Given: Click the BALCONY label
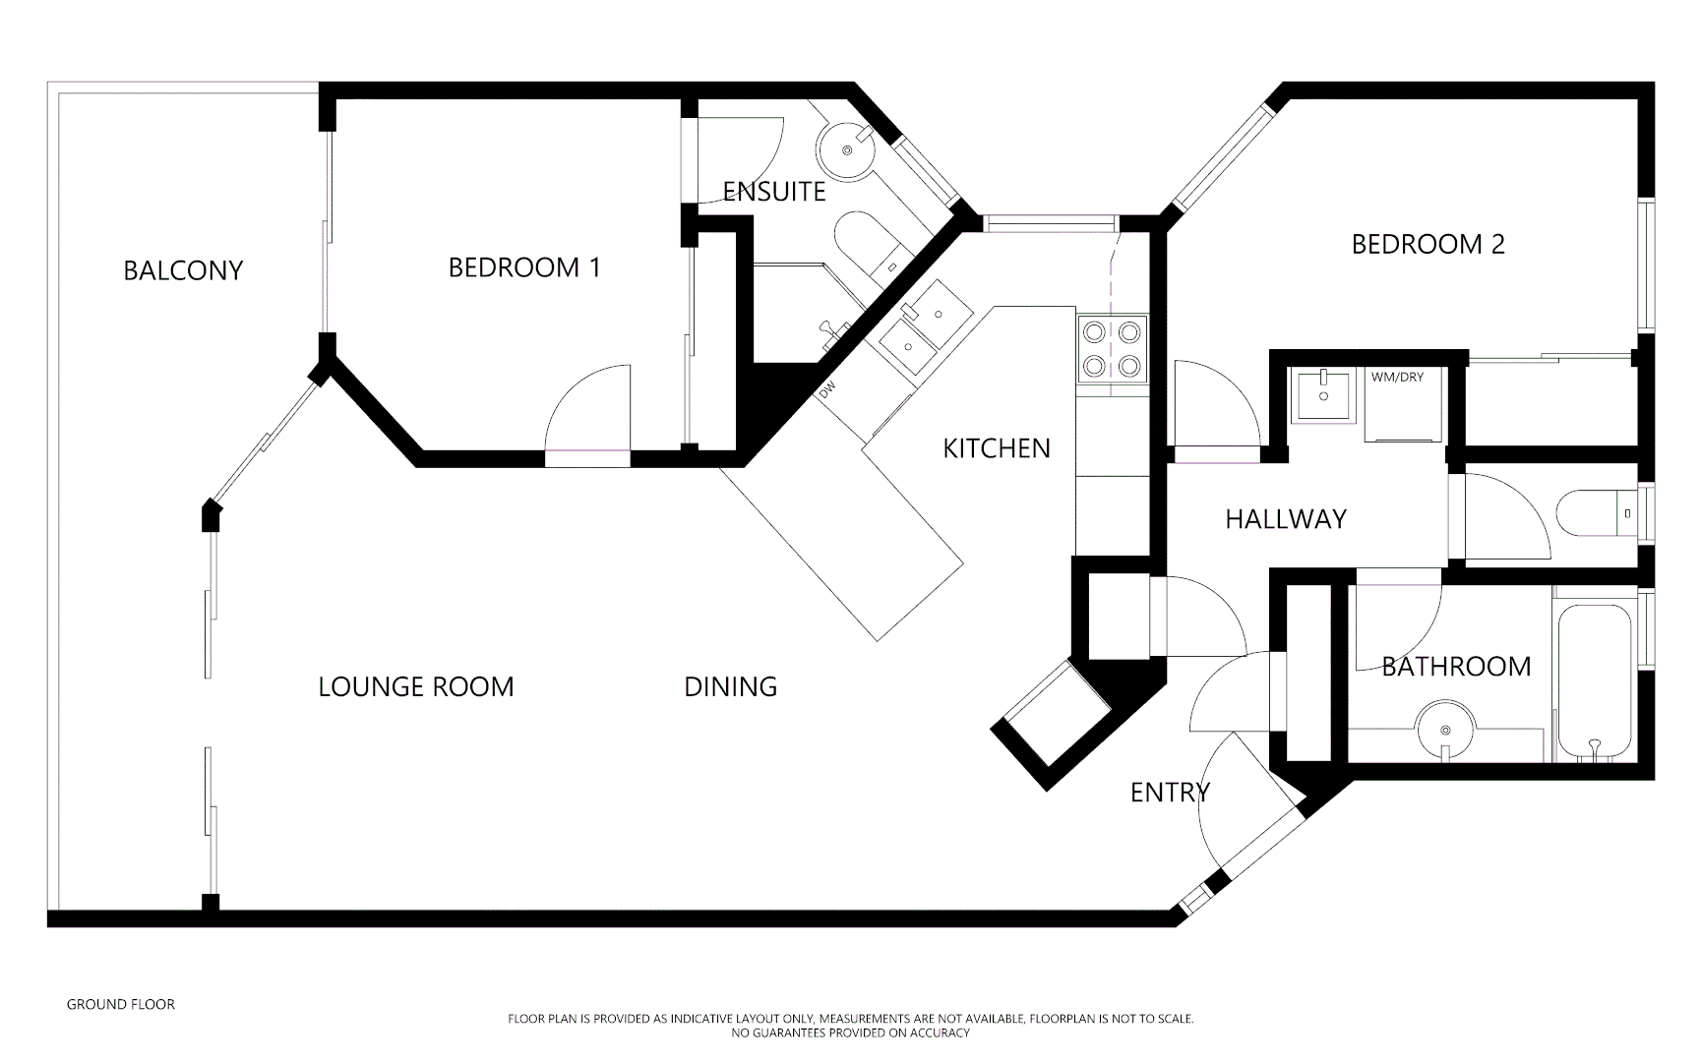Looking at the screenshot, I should tap(183, 270).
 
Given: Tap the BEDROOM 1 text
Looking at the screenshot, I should tap(524, 267).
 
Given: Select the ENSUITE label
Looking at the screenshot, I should tap(774, 192).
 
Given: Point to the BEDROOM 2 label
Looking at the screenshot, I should tap(1428, 244).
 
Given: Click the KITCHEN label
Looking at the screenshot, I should tap(997, 448).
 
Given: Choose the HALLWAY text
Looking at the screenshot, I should tap(1285, 519).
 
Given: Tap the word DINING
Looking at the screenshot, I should tap(730, 686).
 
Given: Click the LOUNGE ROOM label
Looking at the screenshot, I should tap(416, 686).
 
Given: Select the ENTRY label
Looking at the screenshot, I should tap(1170, 793).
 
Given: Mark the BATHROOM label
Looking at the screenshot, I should tap(1456, 667).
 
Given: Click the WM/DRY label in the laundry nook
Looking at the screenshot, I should tap(1397, 377).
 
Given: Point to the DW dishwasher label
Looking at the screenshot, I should tap(826, 390).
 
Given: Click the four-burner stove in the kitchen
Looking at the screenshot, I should tap(1114, 349).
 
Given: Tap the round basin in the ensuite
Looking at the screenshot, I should tap(846, 150).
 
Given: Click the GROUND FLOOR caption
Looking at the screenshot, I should tap(120, 1004).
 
